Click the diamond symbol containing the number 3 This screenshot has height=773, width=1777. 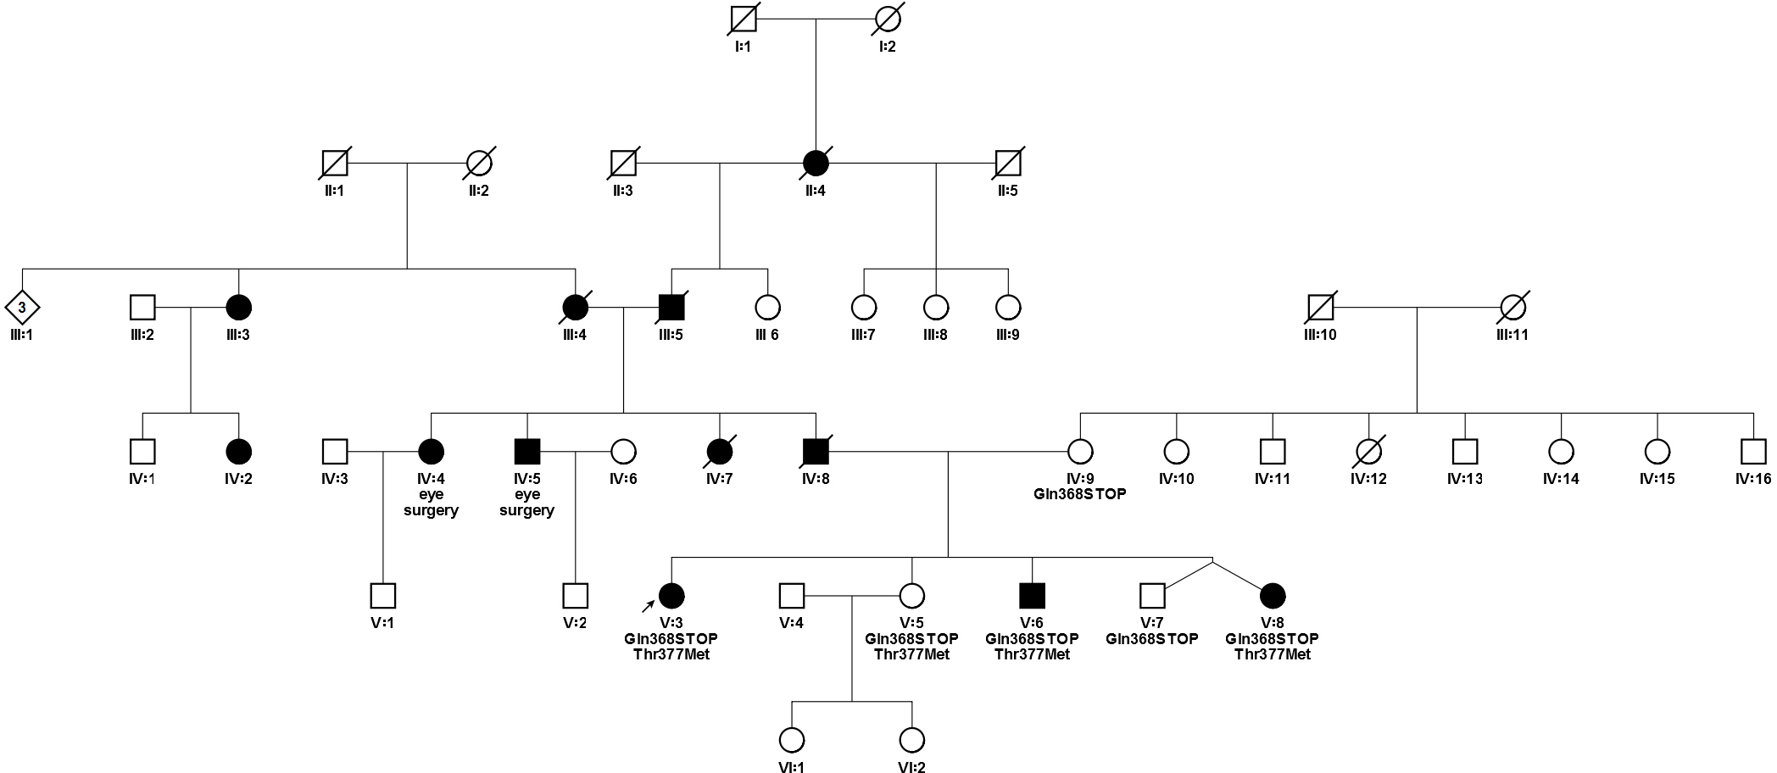click(22, 307)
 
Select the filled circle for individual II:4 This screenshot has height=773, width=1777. click(816, 163)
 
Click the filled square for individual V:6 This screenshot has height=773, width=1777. click(1032, 596)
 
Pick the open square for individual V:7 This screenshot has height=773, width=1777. click(1151, 596)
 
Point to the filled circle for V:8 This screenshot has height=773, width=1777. click(1272, 596)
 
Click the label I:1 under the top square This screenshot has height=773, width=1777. click(744, 47)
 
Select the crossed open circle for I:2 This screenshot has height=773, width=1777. click(888, 19)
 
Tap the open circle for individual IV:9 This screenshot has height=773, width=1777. click(1080, 452)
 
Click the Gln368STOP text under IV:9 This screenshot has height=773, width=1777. click(1080, 494)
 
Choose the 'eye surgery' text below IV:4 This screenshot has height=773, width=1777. click(431, 503)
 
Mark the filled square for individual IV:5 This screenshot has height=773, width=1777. click(527, 452)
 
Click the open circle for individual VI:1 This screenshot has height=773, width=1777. click(792, 740)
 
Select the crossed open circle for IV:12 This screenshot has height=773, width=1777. click(1369, 452)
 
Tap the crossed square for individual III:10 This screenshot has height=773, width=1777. click(1321, 307)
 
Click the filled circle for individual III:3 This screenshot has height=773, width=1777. click(238, 307)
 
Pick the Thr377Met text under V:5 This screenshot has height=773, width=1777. click(911, 654)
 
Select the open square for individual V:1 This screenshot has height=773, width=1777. click(383, 596)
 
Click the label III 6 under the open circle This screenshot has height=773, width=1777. click(767, 335)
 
